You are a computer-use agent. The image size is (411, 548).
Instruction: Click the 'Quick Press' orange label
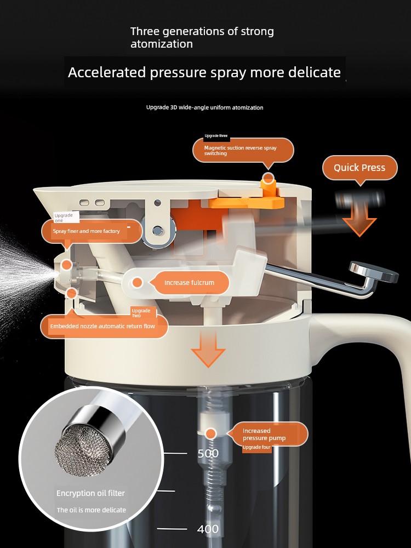tap(359, 168)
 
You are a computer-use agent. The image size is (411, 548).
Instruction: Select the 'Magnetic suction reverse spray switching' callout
tap(243, 150)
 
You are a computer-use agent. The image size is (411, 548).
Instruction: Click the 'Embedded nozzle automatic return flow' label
tap(104, 327)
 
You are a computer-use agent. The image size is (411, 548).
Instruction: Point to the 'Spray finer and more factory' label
tap(92, 231)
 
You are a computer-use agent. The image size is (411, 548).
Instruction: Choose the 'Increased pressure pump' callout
tap(268, 434)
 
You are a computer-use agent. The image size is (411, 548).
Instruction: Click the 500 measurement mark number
tap(208, 453)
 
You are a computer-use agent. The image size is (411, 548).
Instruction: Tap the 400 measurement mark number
tap(208, 529)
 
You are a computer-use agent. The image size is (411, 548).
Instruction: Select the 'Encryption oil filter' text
tap(90, 493)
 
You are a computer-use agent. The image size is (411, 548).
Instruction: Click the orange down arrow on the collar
tap(208, 349)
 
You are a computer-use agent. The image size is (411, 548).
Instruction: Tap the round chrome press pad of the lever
tap(374, 272)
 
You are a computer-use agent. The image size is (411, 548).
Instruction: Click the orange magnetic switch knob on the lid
tap(269, 187)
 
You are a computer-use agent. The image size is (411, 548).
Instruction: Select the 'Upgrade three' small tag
tap(216, 135)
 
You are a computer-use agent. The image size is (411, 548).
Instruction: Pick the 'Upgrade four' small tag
tap(257, 447)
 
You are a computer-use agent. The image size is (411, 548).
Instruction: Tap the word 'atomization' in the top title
tap(162, 44)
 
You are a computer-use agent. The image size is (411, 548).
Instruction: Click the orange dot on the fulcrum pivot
tap(138, 282)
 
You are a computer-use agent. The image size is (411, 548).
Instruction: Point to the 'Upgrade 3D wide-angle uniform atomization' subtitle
tap(205, 107)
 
